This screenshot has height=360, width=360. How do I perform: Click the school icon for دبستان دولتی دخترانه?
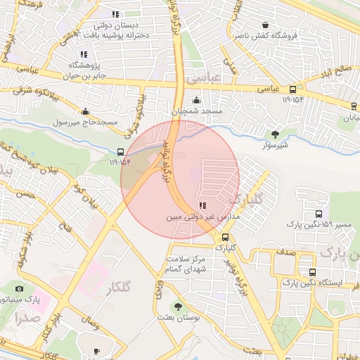pos(115,14)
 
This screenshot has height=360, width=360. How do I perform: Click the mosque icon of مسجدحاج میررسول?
pos(86,111)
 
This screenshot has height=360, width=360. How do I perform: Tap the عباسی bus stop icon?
pos(292,89)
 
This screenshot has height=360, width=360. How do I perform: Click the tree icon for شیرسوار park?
pos(275,134)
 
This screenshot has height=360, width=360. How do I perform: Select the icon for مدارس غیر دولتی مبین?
pos(202,206)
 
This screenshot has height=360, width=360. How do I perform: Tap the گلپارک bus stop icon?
pos(224,236)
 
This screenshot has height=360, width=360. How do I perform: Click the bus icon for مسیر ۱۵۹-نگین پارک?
pos(319,214)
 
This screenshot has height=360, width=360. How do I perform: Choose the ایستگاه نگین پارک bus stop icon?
pos(312,272)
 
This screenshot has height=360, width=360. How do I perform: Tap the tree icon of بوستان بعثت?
pos(177,307)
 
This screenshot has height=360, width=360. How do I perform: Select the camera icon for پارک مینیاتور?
pos(19,288)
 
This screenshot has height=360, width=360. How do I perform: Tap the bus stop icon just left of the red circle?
pos(120,152)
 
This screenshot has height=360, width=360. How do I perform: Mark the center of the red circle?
pos(180,180)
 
